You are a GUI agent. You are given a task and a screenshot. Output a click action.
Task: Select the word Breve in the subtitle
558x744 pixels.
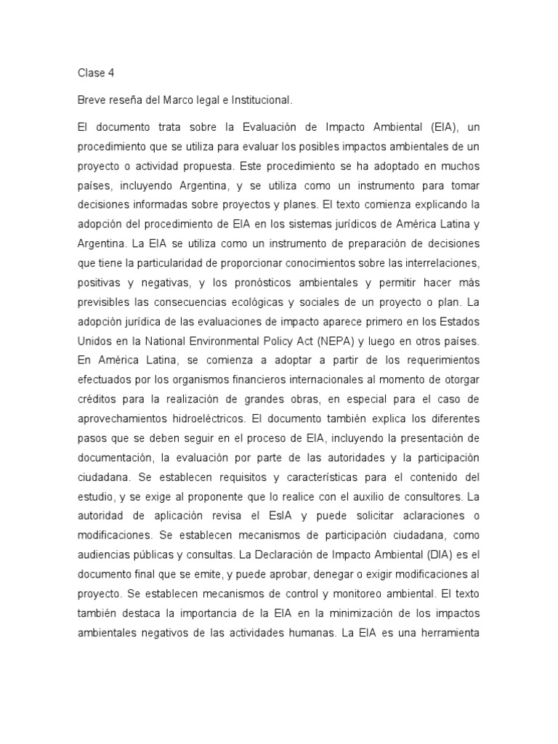[92, 100]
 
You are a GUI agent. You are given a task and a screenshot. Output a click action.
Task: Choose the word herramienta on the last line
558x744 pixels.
[445, 632]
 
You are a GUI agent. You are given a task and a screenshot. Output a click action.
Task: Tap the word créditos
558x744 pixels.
[98, 400]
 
